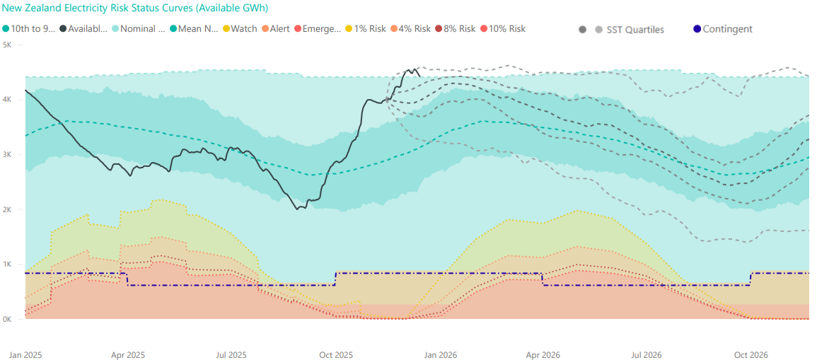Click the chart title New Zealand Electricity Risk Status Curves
[x=135, y=8]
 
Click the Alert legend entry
[x=279, y=29]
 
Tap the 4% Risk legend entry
[x=414, y=29]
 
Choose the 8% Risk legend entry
[x=459, y=29]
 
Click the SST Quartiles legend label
[x=635, y=30]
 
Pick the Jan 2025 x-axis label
[x=25, y=354]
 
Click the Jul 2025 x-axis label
[x=231, y=354]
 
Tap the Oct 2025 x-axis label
[x=335, y=354]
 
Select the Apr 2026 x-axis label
[x=543, y=354]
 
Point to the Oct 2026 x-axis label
[x=751, y=354]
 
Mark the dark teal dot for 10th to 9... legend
[x=6, y=29]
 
